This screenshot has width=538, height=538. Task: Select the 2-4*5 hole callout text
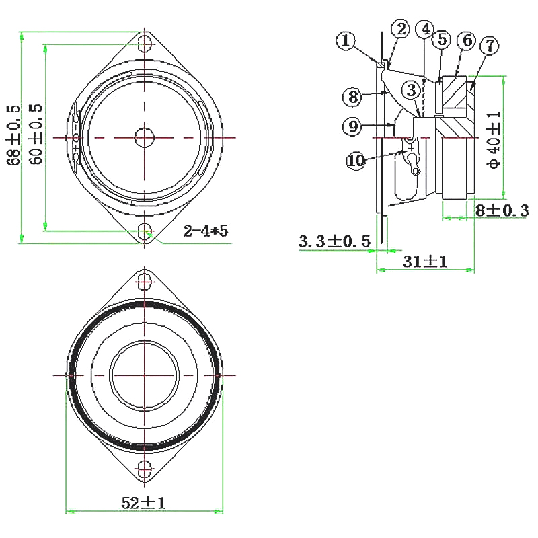[206, 231]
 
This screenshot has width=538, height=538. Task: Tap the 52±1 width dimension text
[143, 502]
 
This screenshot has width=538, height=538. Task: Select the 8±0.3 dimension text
[502, 210]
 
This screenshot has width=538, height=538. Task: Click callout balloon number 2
[401, 29]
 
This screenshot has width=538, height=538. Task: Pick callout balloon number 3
[412, 88]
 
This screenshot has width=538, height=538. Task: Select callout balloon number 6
[466, 40]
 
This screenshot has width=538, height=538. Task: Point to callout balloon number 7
[489, 46]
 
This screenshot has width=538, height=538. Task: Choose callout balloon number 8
[352, 97]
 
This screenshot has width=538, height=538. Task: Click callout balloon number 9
[352, 126]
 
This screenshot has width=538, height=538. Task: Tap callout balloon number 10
[356, 160]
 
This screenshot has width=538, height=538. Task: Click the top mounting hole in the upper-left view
[144, 44]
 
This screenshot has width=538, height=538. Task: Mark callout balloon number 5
[441, 39]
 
